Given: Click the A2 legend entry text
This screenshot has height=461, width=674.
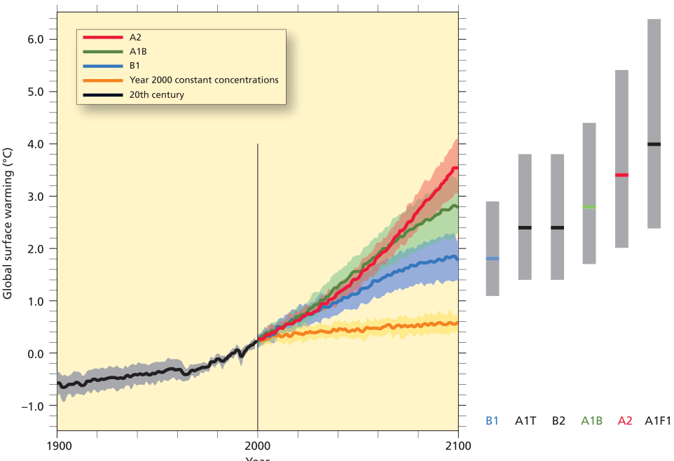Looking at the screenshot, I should tap(136, 36).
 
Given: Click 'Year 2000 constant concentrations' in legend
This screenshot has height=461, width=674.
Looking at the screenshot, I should tap(204, 80).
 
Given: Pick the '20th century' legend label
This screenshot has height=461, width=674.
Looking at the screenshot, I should tap(157, 94).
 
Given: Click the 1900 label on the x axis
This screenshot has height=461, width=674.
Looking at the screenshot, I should tap(57, 444).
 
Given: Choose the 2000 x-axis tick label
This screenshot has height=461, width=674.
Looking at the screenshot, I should tap(258, 444).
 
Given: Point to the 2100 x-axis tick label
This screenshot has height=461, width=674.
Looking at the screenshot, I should tap(458, 444).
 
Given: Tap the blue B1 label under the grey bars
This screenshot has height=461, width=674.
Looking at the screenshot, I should tap(492, 421).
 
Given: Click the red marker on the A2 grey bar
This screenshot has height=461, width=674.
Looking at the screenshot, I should tap(621, 175).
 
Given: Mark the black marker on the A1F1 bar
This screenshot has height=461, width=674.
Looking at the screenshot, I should tap(654, 144).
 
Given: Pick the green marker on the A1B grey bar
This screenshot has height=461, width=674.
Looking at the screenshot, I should tap(589, 207).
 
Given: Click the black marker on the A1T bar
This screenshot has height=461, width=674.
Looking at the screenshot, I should tap(525, 227).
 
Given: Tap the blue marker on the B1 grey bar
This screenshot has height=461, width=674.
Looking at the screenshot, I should tap(493, 259).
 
